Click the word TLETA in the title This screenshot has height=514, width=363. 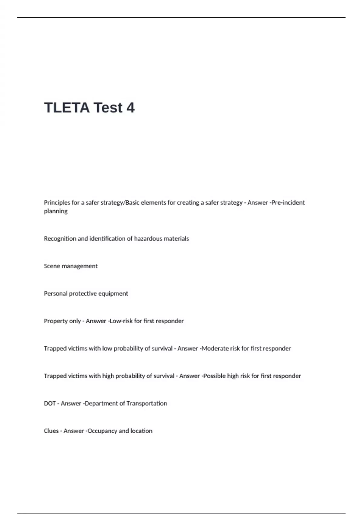[x=67, y=108]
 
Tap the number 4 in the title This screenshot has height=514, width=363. [x=130, y=108]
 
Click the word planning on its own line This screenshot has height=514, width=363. [x=56, y=211]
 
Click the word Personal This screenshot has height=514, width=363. [x=56, y=294]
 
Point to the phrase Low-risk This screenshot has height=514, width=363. [x=121, y=321]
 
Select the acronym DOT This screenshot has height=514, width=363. [x=50, y=403]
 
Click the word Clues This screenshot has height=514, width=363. [x=51, y=431]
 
